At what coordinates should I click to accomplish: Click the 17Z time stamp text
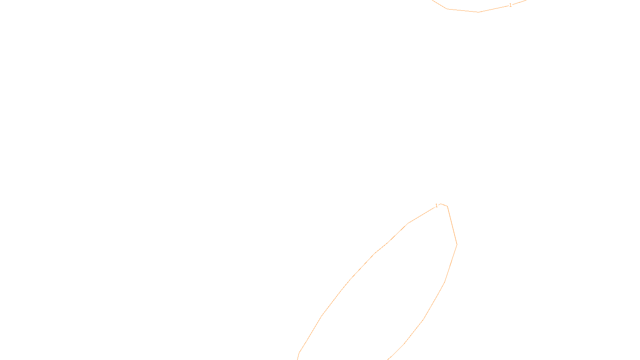coord(303,354)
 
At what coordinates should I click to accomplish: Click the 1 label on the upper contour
coord(510,5)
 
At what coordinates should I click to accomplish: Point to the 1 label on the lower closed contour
coord(436,206)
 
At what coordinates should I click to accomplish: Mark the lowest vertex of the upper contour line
coord(479,12)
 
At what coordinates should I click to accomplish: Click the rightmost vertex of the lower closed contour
coord(457,244)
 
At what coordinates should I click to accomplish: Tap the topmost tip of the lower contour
coord(442,204)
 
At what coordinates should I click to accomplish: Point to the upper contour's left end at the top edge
coord(433,0)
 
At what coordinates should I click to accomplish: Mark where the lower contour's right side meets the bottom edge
coord(387,359)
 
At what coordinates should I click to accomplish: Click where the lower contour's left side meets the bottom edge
coord(298,359)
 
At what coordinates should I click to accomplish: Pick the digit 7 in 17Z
coord(303,354)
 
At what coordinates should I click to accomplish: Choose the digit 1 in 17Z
coord(300,354)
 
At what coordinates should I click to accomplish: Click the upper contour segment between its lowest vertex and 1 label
coord(494,9)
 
